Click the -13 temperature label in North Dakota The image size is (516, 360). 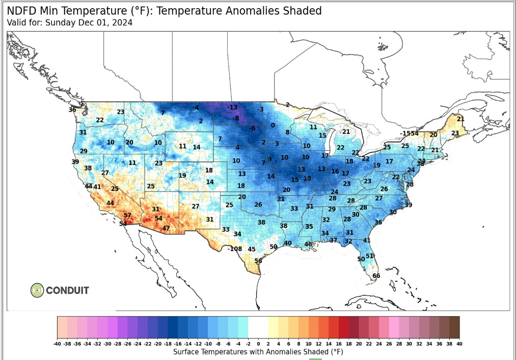233,107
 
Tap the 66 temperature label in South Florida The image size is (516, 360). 376,276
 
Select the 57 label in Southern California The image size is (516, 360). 127,215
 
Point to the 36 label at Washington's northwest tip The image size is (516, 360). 72,110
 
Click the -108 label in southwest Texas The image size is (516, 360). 235,248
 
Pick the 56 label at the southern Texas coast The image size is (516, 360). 258,261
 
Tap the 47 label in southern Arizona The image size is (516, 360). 166,228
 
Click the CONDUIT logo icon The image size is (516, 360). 37,290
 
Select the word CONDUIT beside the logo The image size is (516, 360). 67,291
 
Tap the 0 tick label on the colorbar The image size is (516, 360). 258,344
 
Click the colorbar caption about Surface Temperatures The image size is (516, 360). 258,352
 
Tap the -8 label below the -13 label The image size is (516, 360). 236,118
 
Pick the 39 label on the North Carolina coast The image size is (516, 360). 408,205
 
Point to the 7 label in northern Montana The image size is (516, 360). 163,113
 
